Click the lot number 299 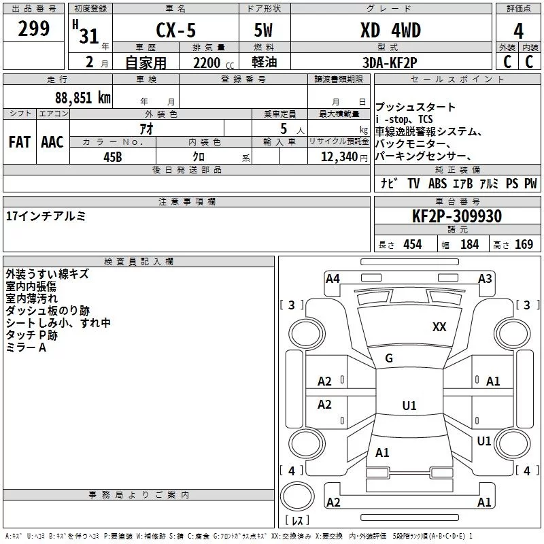coord(33,29)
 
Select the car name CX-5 coord(176,30)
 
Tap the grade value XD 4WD coord(390,30)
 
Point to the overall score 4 coord(518,31)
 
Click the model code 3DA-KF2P coord(390,63)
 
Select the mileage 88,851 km coord(83,97)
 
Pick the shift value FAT coord(20,142)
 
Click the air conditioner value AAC coord(52,142)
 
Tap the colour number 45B coord(113,157)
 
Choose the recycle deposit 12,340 coord(339,157)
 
